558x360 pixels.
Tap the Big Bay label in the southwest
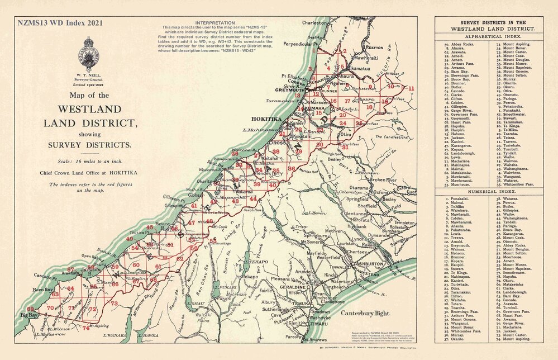pos(29,315)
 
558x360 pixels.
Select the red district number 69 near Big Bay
pos(30,309)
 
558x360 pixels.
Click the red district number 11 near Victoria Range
pos(412,88)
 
